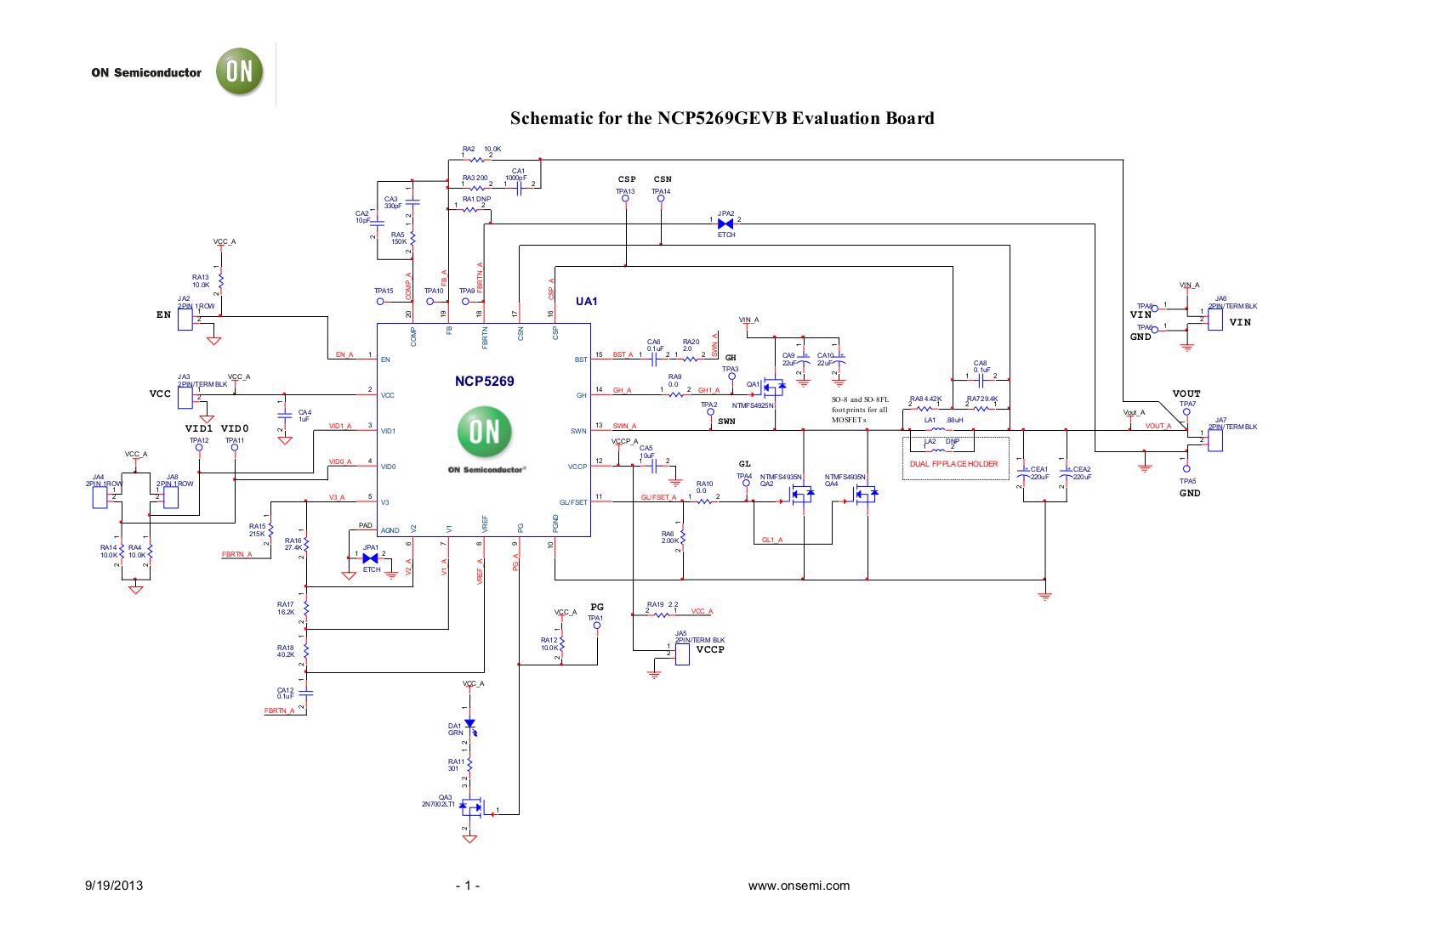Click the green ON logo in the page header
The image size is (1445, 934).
pos(239,71)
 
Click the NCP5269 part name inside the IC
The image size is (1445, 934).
pos(484,382)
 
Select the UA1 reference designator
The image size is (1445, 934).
pos(587,302)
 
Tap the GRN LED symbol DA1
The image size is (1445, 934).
pos(469,723)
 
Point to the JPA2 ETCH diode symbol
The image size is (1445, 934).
pos(725,224)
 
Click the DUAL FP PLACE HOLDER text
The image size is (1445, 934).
pos(953,464)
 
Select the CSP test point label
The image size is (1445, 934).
pos(627,179)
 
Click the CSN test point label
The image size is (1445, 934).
pos(663,179)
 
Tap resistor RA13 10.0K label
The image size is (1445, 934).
pos(201,280)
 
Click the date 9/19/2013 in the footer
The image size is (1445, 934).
pos(114,886)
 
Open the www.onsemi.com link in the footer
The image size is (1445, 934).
pos(799,886)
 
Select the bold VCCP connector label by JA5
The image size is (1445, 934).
pos(710,649)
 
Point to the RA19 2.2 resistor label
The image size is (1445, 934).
pos(662,604)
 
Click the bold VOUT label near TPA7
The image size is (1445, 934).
pos(1186,393)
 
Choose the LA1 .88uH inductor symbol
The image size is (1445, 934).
pos(939,429)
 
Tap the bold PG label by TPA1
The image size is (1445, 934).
pos(597,607)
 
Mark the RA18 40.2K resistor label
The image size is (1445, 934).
pos(286,651)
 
